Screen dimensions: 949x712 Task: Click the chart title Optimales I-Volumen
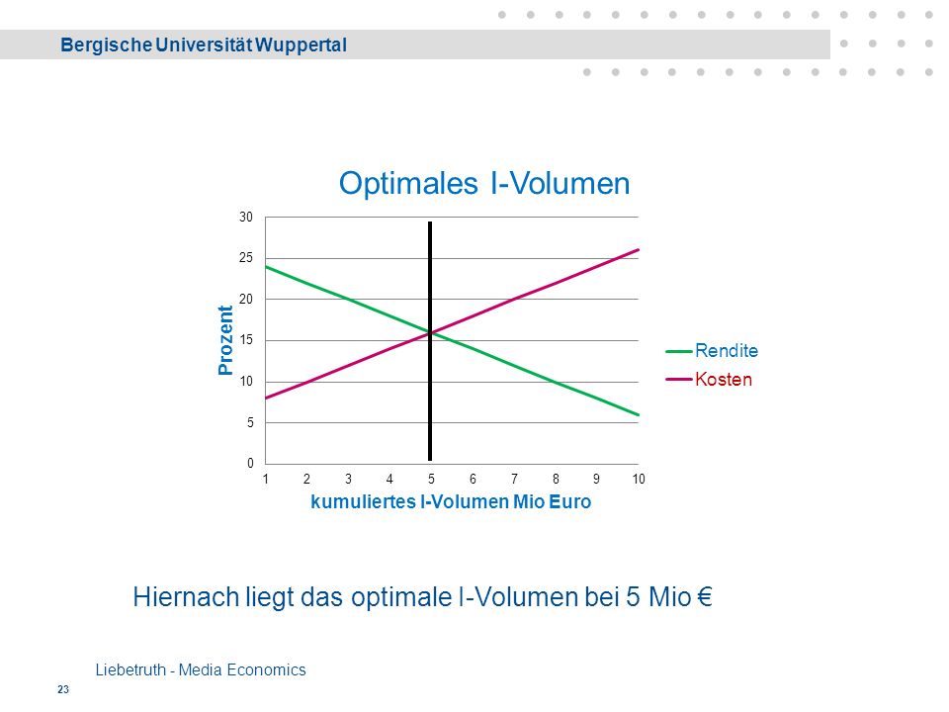(484, 184)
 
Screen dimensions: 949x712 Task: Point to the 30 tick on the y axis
(246, 217)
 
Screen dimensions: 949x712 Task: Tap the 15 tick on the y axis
(246, 340)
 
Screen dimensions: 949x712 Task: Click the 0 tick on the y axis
(250, 463)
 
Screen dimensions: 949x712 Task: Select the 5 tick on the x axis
(431, 479)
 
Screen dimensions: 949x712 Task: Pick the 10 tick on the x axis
(639, 479)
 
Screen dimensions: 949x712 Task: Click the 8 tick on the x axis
(556, 479)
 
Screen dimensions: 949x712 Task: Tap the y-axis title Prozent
(225, 340)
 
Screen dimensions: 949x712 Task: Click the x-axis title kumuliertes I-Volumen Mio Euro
(451, 502)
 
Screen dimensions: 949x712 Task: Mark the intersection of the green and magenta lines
(430, 332)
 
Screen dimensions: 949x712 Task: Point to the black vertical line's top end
(430, 222)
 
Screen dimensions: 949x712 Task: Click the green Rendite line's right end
(639, 414)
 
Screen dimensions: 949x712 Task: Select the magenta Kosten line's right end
(639, 249)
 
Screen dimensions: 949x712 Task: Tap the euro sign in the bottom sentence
(705, 597)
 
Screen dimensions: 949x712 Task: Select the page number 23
(63, 689)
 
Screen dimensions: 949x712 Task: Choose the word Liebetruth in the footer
(130, 670)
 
